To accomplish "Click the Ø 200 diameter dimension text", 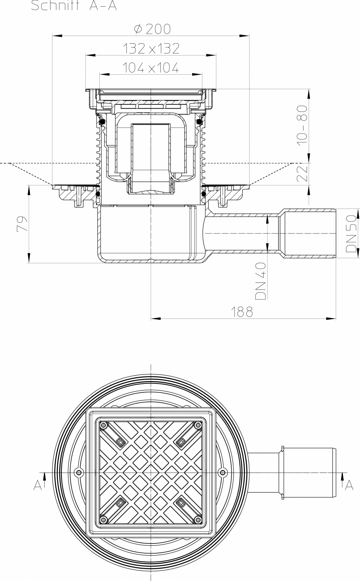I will coord(152,29).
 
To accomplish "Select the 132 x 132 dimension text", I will coord(151,49).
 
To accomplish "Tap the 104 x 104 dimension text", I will coord(151,68).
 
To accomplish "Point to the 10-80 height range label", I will coord(301,125).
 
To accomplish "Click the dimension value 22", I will coord(301,174).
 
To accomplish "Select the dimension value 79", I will coord(22,224).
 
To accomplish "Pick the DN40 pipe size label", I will coord(261,281).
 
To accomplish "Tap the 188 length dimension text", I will coord(241,311).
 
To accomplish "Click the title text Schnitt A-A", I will coord(74,6).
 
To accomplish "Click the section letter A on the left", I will coord(38,485).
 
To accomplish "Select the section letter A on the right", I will coord(349,485).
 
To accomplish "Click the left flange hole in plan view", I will coord(79,473).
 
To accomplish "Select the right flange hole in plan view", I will coord(223,473).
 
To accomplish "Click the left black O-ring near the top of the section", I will coord(101,122).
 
